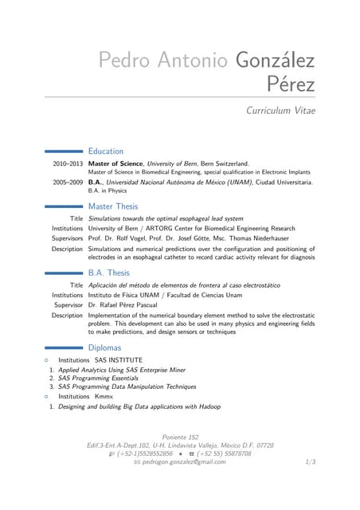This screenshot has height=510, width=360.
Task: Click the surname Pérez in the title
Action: (x=292, y=84)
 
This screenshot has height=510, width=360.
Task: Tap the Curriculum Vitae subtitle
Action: (x=281, y=111)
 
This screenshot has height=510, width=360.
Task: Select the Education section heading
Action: (x=106, y=151)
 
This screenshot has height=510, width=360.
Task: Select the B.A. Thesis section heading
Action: (x=109, y=273)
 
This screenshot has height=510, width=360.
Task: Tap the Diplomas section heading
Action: (x=104, y=347)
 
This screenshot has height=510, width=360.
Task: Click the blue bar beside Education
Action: (x=65, y=151)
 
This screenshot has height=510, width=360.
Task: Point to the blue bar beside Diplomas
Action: (x=65, y=347)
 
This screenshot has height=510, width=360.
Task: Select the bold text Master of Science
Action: (x=115, y=163)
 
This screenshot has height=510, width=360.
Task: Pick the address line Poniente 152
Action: (x=180, y=437)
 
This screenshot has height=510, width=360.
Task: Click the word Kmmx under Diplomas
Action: (x=104, y=396)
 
